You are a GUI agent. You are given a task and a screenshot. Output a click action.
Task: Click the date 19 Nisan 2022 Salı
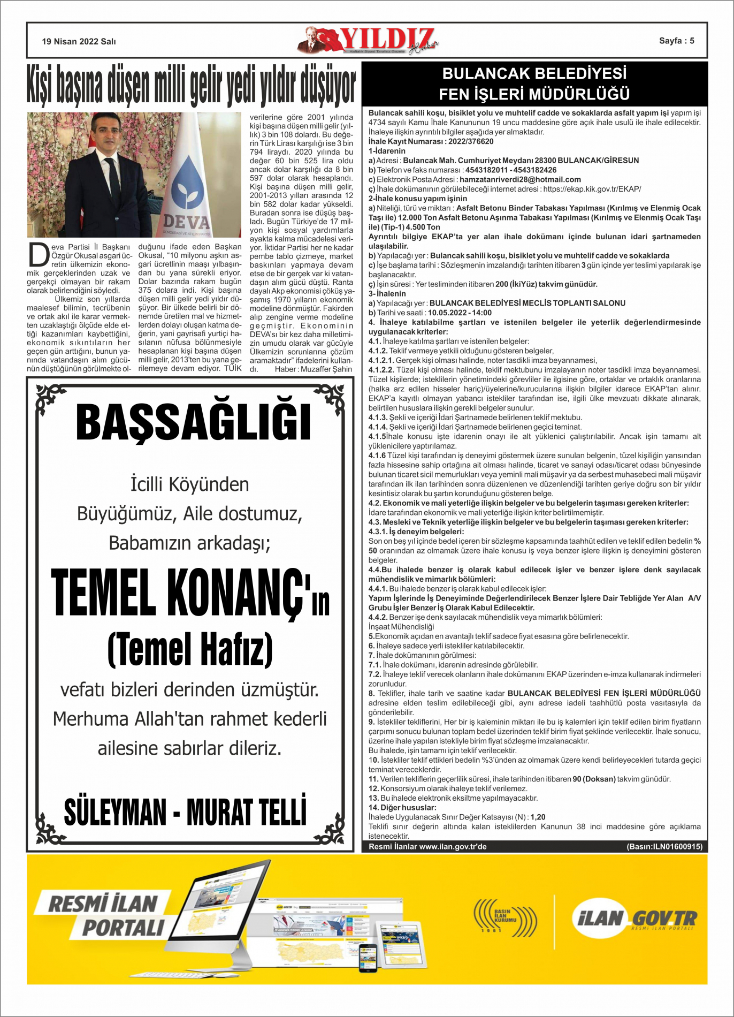pyautogui.click(x=79, y=41)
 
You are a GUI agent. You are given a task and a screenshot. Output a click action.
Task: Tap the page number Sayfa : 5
pyautogui.click(x=676, y=41)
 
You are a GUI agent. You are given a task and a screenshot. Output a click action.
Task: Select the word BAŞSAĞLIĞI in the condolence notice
pyautogui.click(x=193, y=423)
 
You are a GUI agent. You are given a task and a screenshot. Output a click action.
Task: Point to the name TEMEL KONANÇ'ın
pyautogui.click(x=190, y=592)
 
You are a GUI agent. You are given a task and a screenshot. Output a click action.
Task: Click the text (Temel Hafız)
pyautogui.click(x=190, y=649)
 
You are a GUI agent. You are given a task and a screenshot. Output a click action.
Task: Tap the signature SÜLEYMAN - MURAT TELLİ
pyautogui.click(x=185, y=811)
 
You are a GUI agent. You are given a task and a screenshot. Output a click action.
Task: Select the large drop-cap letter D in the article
pyautogui.click(x=39, y=255)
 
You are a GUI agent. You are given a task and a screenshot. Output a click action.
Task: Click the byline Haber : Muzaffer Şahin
pyautogui.click(x=313, y=369)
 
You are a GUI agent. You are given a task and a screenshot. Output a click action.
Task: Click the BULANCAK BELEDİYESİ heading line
pyautogui.click(x=534, y=73)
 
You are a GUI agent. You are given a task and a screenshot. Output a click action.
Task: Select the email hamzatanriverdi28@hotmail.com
pyautogui.click(x=520, y=179)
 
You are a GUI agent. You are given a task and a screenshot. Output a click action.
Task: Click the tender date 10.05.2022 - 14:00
pyautogui.click(x=460, y=313)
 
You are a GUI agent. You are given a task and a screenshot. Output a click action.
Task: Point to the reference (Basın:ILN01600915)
pyautogui.click(x=664, y=846)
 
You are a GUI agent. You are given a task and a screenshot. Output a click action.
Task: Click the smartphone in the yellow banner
pyautogui.click(x=368, y=958)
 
